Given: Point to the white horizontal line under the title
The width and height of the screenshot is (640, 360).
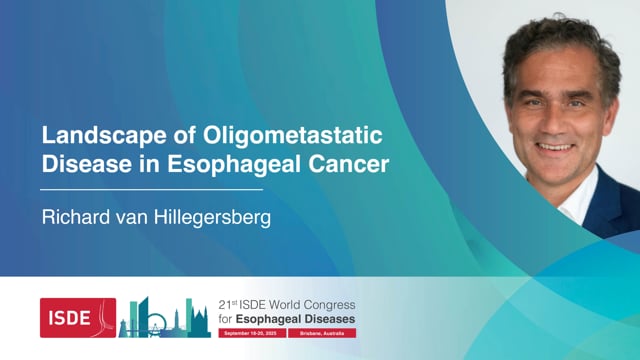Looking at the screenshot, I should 151,188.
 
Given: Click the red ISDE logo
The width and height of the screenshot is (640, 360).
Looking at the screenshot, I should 77,317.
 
